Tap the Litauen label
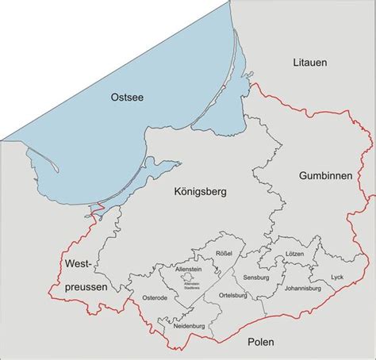click(309, 61)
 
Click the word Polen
click(260, 342)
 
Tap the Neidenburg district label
click(184, 325)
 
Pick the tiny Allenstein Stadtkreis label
click(190, 285)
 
